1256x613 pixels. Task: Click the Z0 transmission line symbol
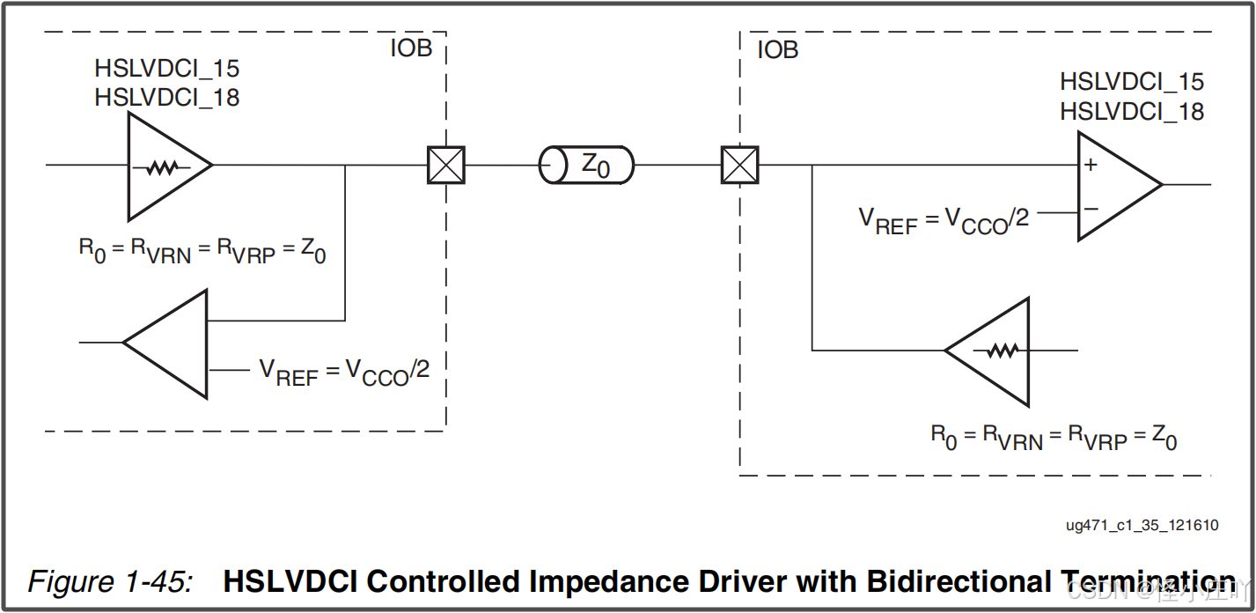click(585, 165)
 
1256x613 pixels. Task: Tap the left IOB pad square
click(445, 165)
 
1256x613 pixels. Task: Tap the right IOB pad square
click(739, 165)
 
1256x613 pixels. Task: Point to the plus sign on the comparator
click(1091, 165)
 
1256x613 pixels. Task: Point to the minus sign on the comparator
click(1091, 210)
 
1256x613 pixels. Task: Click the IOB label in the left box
click(411, 48)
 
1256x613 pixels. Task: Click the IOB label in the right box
click(778, 50)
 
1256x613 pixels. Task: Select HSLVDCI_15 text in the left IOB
click(167, 69)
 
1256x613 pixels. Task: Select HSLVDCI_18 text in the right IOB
click(1132, 112)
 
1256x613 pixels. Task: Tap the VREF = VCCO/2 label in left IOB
click(344, 372)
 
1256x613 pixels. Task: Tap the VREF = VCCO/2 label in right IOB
click(944, 219)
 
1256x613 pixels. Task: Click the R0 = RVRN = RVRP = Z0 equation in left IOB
click(202, 251)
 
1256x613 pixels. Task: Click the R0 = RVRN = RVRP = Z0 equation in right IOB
click(1054, 436)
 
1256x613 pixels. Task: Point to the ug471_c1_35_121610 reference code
click(1142, 526)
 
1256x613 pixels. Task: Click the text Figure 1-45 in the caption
click(110, 582)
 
